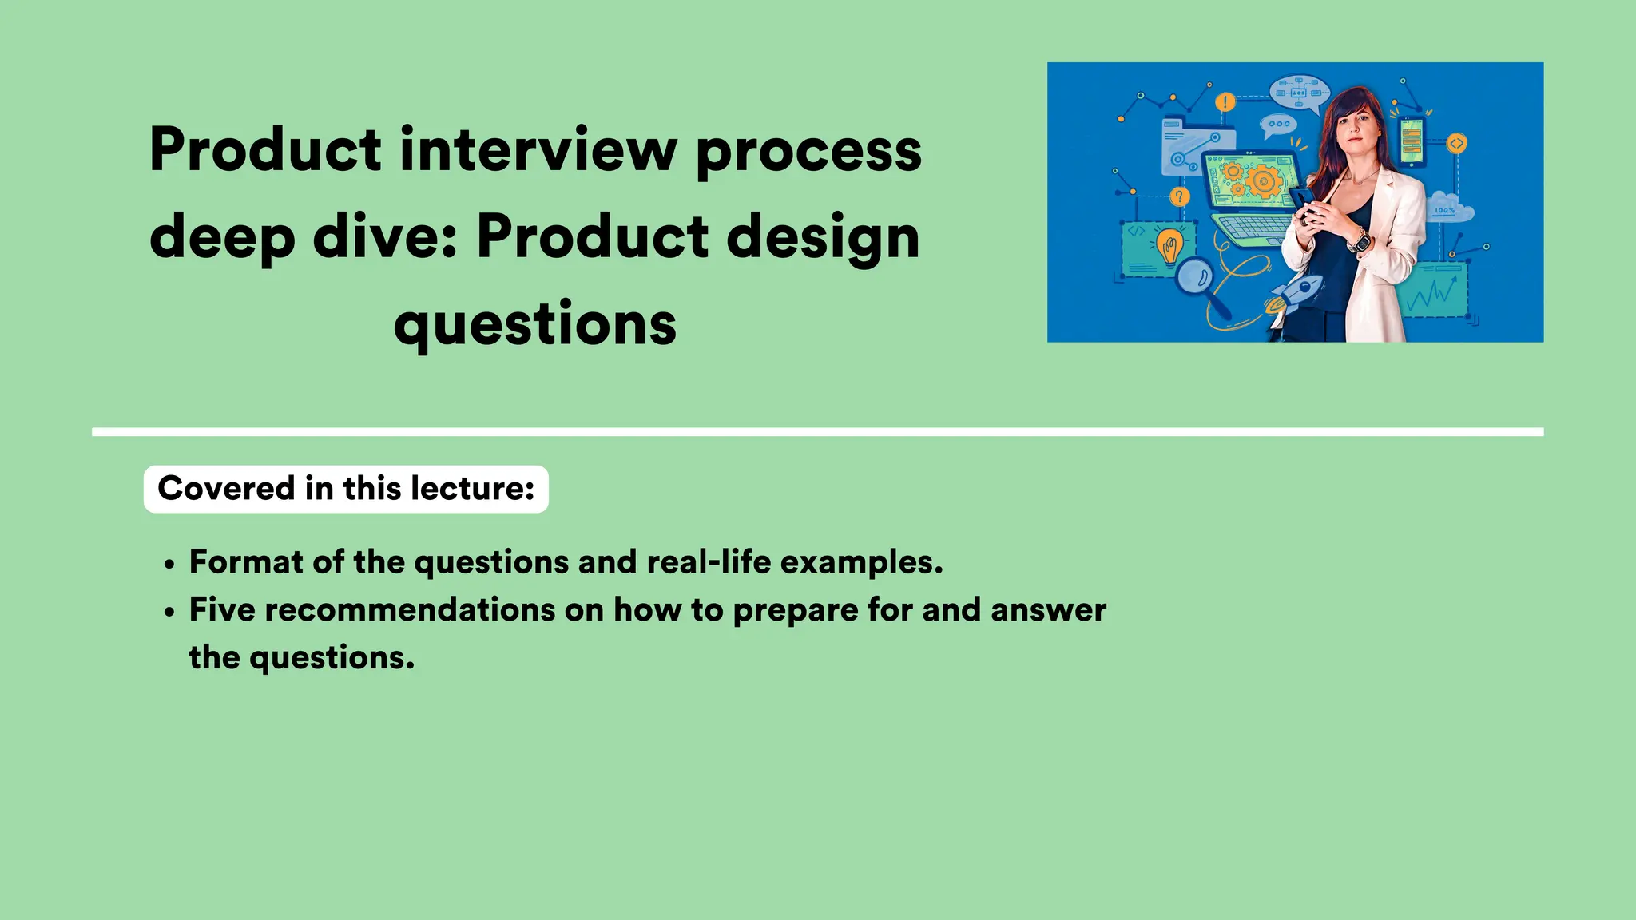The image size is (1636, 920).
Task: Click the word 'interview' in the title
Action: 538,150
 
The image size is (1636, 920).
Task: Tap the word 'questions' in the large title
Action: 535,324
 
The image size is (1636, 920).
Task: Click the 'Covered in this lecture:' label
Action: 346,489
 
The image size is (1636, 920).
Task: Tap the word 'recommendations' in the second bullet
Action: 410,610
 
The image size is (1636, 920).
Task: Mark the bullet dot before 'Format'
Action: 169,565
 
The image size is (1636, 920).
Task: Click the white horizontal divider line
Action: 817,432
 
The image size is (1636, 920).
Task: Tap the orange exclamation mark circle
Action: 1225,102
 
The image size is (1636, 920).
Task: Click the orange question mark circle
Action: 1179,196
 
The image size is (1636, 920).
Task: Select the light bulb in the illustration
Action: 1170,245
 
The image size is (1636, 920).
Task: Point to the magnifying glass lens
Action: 1195,277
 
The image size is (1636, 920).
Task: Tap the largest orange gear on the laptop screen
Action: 1264,181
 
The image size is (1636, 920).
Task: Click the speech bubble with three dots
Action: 1278,125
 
